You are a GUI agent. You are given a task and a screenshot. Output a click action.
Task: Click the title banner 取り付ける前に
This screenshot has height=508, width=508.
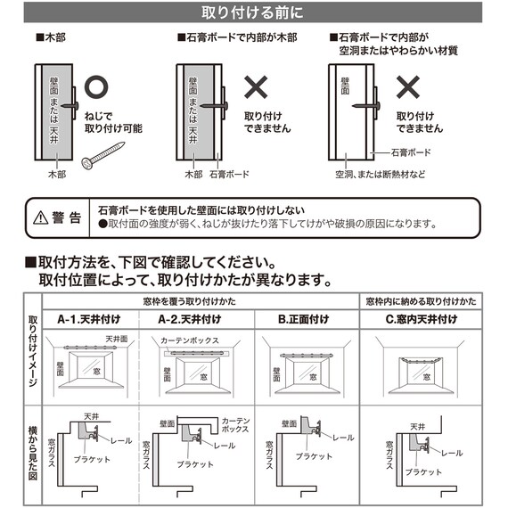[x=254, y=12]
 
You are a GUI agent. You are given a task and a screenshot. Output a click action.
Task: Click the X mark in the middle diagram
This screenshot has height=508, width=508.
[x=257, y=87]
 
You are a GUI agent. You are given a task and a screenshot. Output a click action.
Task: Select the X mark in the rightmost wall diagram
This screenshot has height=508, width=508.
[x=408, y=87]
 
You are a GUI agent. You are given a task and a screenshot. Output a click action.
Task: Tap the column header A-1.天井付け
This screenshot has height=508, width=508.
[x=88, y=319]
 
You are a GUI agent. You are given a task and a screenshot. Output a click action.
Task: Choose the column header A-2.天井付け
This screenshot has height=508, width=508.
[x=188, y=319]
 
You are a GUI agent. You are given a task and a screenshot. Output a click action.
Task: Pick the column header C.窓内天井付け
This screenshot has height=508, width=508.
[x=421, y=319]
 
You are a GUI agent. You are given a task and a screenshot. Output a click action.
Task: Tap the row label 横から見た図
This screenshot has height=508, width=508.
[x=32, y=451]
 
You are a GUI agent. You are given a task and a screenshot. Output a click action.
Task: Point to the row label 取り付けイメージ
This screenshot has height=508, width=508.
[x=32, y=351]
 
